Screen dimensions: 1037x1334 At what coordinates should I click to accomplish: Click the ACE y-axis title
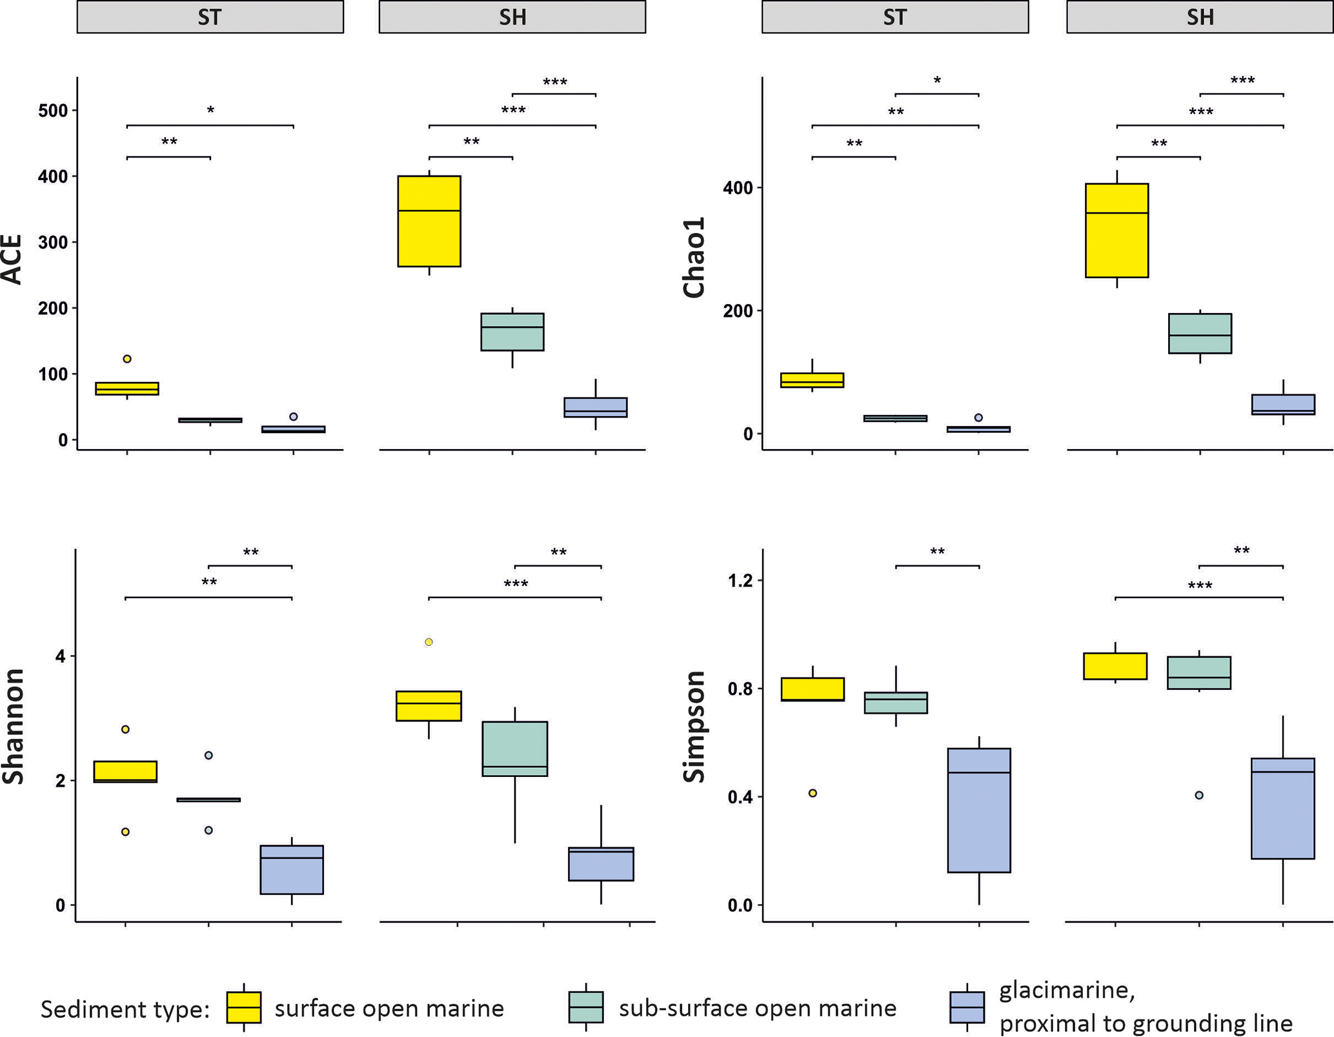[13, 259]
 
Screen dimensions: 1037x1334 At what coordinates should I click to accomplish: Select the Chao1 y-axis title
[694, 259]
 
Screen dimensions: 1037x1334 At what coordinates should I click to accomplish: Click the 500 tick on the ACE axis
[53, 110]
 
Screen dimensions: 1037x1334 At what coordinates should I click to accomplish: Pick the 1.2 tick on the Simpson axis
[740, 581]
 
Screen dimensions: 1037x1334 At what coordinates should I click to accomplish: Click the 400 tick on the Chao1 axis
[738, 188]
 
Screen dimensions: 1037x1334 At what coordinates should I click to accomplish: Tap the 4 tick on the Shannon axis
[61, 657]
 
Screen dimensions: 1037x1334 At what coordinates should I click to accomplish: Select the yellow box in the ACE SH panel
[429, 221]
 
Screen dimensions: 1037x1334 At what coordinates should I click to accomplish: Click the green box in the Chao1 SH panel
[1200, 333]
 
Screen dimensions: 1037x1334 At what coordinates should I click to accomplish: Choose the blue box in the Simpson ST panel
[979, 810]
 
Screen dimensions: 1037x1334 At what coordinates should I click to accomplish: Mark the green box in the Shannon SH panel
[515, 749]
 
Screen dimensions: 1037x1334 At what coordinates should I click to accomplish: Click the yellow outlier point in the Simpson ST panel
[813, 793]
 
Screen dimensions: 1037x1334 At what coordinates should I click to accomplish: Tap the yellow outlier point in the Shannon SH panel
[429, 642]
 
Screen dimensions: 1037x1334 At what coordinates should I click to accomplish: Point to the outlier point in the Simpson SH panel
[1199, 796]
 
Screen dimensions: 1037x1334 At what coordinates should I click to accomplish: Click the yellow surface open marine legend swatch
[244, 1007]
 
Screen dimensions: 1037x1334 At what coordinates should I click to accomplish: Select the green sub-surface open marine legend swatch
[586, 1007]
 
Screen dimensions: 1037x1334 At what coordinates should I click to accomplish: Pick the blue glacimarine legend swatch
[967, 1007]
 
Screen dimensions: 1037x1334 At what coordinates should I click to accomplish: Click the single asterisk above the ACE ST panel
[210, 111]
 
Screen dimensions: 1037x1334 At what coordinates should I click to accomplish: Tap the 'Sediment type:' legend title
[125, 1009]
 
